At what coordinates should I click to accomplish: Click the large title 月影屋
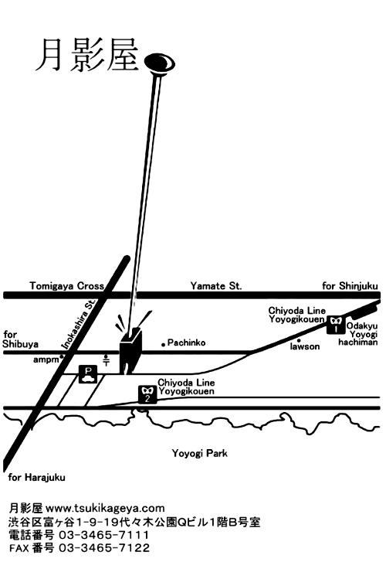pyautogui.click(x=87, y=55)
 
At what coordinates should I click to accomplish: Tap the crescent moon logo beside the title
pyautogui.click(x=160, y=63)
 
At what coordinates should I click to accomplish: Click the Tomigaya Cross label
pyautogui.click(x=67, y=286)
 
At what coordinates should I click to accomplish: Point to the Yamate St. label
pyautogui.click(x=216, y=286)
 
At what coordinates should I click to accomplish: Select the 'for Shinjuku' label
pyautogui.click(x=350, y=286)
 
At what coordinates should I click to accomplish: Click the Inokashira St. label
pyautogui.click(x=79, y=325)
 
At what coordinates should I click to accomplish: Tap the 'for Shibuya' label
pyautogui.click(x=20, y=339)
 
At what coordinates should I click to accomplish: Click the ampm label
pyautogui.click(x=46, y=359)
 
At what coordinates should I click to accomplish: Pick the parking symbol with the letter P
pyautogui.click(x=88, y=374)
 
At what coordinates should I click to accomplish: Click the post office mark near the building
pyautogui.click(x=107, y=359)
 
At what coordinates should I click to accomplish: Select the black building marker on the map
pyautogui.click(x=130, y=351)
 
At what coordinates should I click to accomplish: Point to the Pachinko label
pyautogui.click(x=186, y=342)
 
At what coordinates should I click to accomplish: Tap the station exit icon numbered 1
pyautogui.click(x=336, y=325)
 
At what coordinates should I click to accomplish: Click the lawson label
pyautogui.click(x=305, y=346)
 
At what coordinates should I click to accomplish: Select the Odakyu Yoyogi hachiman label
pyautogui.click(x=358, y=334)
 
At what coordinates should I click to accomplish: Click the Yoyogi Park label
pyautogui.click(x=199, y=454)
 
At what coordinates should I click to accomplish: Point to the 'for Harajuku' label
pyautogui.click(x=36, y=478)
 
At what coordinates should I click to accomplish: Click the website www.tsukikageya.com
pyautogui.click(x=105, y=508)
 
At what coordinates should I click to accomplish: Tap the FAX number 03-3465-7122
pyautogui.click(x=104, y=547)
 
